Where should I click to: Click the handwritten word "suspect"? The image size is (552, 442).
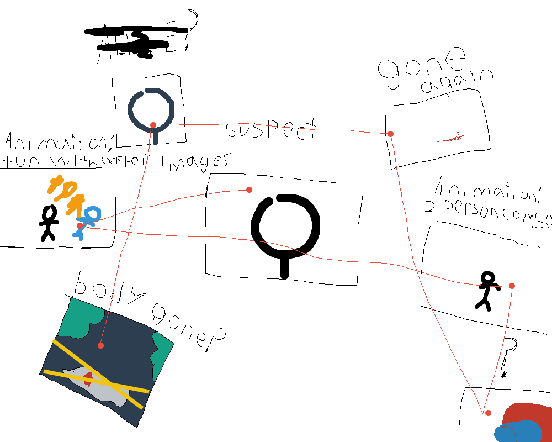point(271,130)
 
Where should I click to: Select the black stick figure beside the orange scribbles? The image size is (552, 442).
point(49,222)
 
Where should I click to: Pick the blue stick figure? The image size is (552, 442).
point(87,221)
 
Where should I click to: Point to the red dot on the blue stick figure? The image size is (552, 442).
point(80,225)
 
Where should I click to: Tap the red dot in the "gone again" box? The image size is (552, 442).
point(390,134)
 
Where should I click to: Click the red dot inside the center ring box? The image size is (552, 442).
point(249,190)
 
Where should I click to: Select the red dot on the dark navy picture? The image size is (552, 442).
point(100,345)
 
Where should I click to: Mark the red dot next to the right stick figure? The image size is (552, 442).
point(512,286)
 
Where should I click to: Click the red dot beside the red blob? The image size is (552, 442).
point(488,413)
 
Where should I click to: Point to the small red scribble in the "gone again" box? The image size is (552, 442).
point(452,138)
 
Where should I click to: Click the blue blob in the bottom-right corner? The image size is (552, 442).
point(516,432)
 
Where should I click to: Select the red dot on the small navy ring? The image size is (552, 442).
point(153,124)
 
